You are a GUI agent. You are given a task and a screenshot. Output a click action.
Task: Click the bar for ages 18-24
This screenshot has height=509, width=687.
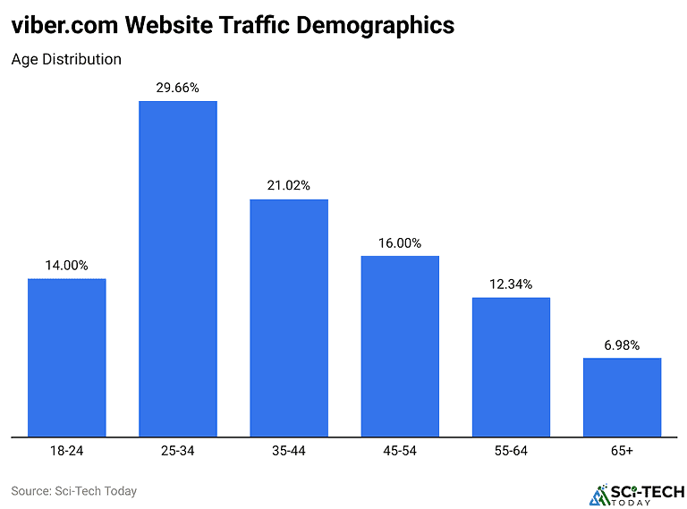point(67,358)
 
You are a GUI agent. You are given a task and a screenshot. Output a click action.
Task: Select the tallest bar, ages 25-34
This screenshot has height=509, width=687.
point(177,268)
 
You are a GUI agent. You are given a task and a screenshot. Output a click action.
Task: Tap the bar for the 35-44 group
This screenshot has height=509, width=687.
point(289,318)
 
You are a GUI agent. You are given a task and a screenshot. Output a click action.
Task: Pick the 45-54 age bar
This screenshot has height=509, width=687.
point(400,346)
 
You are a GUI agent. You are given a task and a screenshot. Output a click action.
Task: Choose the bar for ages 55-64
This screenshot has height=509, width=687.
point(511,367)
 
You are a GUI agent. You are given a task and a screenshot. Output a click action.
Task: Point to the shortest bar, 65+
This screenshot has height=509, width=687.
point(622,397)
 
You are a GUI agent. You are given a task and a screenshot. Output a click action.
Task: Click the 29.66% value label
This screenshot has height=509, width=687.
point(177,88)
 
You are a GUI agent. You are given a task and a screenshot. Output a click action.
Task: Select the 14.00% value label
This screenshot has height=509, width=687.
point(67,265)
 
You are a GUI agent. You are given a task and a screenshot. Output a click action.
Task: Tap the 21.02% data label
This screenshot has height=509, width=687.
point(289,185)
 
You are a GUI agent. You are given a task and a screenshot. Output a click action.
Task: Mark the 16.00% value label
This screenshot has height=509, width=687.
point(400,242)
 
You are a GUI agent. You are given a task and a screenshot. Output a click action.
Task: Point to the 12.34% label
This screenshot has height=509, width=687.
point(511,284)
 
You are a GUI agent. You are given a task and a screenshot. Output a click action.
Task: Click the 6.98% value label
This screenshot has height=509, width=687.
point(622,345)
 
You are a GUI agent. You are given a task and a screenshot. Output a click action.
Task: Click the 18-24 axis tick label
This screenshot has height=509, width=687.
point(67,450)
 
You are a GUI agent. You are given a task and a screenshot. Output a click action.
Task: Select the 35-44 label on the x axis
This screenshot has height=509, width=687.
point(289,450)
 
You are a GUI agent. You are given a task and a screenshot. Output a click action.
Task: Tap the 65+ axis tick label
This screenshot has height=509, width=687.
point(622,450)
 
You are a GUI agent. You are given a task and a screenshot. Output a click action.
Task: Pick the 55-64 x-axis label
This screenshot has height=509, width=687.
point(511,450)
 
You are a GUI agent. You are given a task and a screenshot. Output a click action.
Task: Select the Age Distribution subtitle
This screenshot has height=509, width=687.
point(66,59)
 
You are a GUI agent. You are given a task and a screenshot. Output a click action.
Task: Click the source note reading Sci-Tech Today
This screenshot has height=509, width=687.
point(73,491)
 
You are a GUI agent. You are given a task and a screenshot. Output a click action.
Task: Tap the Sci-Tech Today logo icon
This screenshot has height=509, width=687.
point(598,495)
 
